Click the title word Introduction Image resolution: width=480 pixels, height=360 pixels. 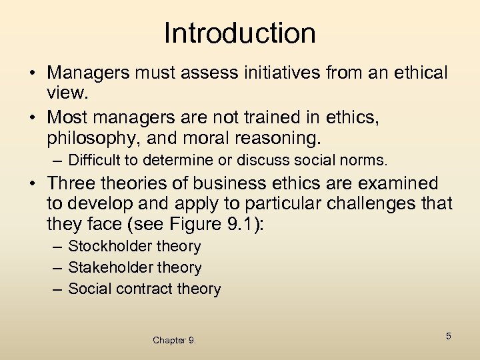(240, 33)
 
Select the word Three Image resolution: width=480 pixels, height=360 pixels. (75, 183)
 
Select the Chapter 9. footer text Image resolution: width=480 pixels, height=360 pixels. (174, 340)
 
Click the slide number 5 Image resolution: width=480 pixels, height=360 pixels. (449, 337)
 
